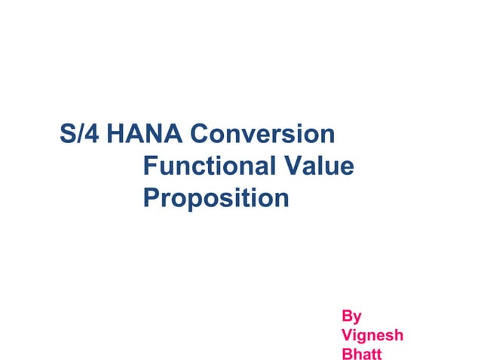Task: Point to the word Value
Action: [x=320, y=166]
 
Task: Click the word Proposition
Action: [x=216, y=198]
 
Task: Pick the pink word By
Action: [x=352, y=316]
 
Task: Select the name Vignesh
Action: [x=372, y=334]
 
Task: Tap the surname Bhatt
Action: [x=362, y=353]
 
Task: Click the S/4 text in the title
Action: [x=81, y=135]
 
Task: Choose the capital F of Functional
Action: [x=149, y=166]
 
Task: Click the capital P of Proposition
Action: [x=150, y=198]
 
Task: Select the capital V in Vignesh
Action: [x=348, y=334]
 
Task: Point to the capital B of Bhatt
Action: [x=348, y=353]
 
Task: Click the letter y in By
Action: [x=357, y=317]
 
